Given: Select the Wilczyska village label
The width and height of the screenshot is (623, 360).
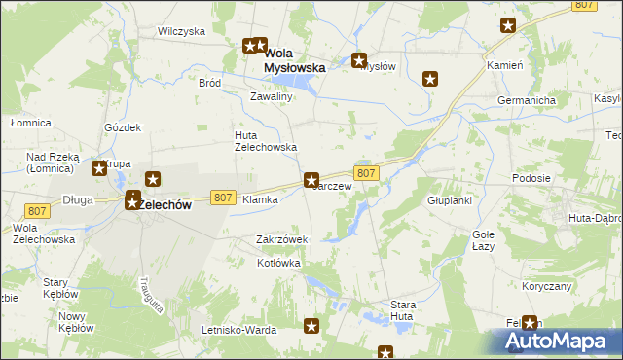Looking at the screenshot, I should [x=181, y=31].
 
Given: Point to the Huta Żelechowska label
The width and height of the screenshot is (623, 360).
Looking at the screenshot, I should [x=265, y=141].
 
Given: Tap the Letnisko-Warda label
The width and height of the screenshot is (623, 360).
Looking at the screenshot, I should [x=238, y=330].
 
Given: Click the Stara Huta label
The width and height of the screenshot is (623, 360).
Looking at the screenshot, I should [x=403, y=310].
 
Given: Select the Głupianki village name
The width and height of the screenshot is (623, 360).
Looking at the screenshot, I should [x=449, y=200].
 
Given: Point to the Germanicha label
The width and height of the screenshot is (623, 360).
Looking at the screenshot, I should [x=527, y=100].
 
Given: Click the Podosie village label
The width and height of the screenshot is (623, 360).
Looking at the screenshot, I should [x=531, y=178].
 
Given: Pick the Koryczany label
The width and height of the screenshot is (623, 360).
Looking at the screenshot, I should [x=545, y=286].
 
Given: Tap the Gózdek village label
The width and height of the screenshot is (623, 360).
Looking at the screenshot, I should [x=124, y=127].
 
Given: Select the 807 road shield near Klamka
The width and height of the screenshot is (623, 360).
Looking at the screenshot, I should [x=222, y=197].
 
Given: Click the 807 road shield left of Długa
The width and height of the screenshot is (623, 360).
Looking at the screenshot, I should [x=38, y=211].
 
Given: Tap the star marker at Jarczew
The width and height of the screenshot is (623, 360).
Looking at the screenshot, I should [x=311, y=179].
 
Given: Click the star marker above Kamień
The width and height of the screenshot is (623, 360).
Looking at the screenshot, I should [x=508, y=26].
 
